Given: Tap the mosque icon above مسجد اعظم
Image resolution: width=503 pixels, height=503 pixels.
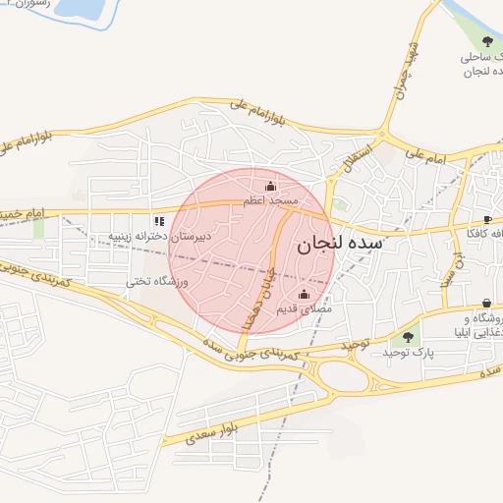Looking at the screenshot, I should tap(271, 186).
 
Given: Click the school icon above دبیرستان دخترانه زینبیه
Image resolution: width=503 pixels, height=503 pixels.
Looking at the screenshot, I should tap(159, 222).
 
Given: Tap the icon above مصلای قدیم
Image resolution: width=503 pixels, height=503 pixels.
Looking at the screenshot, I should tap(303, 294).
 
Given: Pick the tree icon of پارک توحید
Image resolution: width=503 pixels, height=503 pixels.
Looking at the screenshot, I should tap(409, 338).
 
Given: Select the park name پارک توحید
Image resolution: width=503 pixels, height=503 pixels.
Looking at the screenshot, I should tap(409, 352).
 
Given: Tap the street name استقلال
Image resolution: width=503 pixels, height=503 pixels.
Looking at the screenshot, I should tap(359, 154).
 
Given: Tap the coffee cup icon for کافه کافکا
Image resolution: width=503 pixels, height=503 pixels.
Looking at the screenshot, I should tap(487, 219).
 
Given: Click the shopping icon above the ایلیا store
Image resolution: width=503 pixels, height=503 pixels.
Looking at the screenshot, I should tap(487, 304).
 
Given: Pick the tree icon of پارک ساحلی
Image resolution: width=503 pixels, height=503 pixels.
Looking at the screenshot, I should tap(488, 41).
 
